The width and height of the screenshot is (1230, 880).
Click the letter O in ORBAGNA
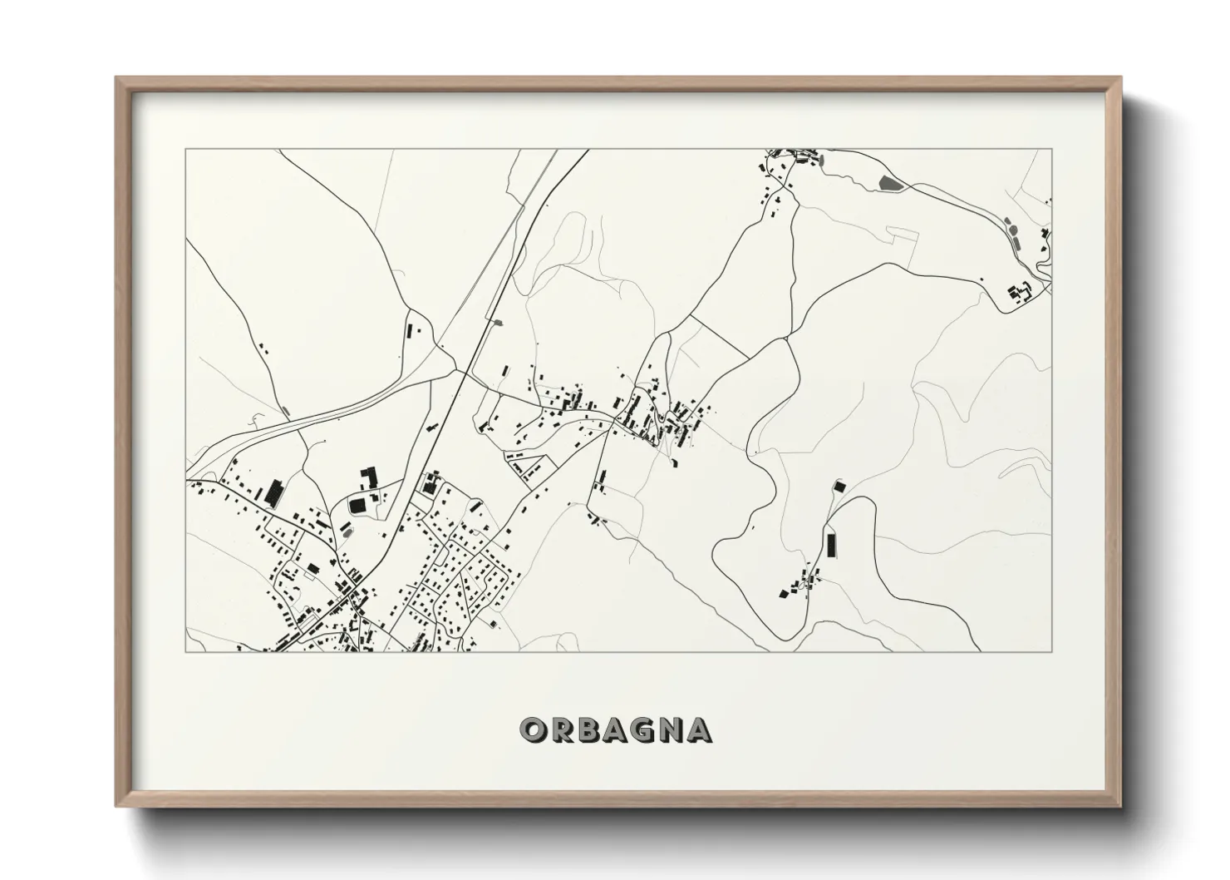click(532, 729)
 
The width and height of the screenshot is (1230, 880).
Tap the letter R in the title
click(560, 729)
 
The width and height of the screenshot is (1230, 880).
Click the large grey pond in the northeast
click(888, 182)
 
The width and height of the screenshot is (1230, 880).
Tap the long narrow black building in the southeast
click(829, 545)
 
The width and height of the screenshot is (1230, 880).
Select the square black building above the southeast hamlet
click(839, 484)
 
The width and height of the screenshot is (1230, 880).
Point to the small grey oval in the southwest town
click(347, 530)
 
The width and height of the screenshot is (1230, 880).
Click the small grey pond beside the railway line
click(498, 321)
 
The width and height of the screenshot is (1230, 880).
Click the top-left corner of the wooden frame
click(116, 78)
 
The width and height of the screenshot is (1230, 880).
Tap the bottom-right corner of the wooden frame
click(1121, 806)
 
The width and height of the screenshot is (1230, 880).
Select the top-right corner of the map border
click(1052, 149)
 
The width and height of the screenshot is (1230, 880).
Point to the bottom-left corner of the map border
click(186, 651)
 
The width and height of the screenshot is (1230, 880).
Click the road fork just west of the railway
click(454, 366)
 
